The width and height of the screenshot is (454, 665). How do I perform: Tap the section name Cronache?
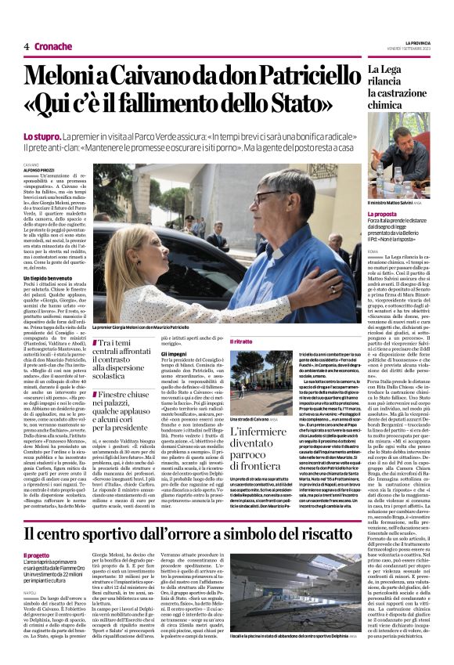[53, 47]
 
